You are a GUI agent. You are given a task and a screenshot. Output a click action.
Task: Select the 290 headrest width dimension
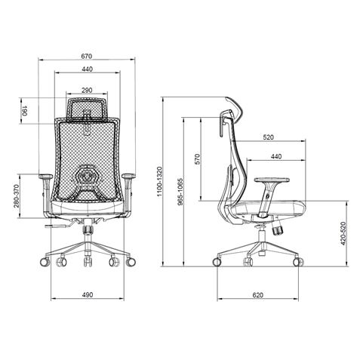(x=88, y=90)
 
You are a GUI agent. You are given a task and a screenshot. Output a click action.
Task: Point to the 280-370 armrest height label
(x=15, y=198)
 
